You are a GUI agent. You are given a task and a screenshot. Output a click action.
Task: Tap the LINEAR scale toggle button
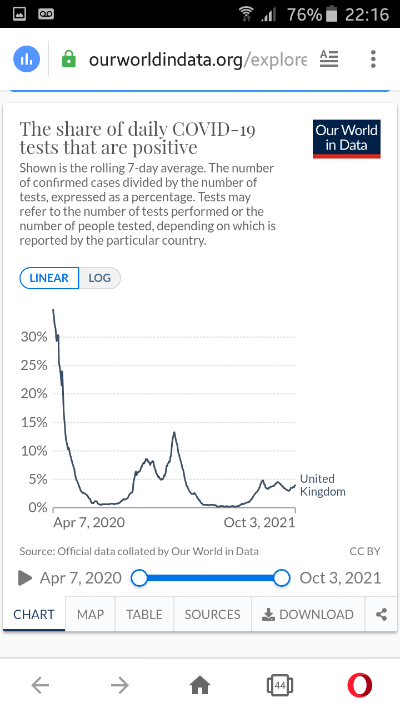point(49,278)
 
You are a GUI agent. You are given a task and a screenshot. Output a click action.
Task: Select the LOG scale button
point(99,278)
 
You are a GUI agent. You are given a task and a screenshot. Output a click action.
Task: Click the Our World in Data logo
point(346,139)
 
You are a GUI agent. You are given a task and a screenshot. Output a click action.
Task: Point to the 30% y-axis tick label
point(34,337)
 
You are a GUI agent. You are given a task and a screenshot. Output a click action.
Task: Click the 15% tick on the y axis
point(34,423)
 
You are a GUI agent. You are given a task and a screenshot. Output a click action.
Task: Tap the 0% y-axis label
point(37,508)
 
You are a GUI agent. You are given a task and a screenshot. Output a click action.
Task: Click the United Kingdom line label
point(322,485)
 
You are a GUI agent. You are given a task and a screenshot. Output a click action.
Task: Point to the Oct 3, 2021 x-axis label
point(259,522)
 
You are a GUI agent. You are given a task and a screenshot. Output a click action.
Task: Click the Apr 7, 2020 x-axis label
point(89,522)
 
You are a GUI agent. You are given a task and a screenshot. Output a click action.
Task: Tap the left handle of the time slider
point(139,578)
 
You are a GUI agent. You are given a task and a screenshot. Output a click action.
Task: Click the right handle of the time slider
point(282,578)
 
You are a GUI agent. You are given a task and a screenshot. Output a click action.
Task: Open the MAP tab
point(90,614)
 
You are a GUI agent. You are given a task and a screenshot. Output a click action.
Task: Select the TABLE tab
point(144,614)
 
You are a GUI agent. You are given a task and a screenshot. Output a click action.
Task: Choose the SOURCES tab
point(212,614)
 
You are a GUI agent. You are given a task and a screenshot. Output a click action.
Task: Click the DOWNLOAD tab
point(308,614)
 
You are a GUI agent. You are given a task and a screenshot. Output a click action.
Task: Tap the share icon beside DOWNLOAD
point(381,614)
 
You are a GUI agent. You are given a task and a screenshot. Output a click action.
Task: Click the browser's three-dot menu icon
point(373,59)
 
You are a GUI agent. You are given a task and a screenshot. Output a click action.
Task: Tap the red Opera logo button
point(359,685)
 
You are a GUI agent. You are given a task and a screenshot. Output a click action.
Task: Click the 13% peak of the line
point(174,432)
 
